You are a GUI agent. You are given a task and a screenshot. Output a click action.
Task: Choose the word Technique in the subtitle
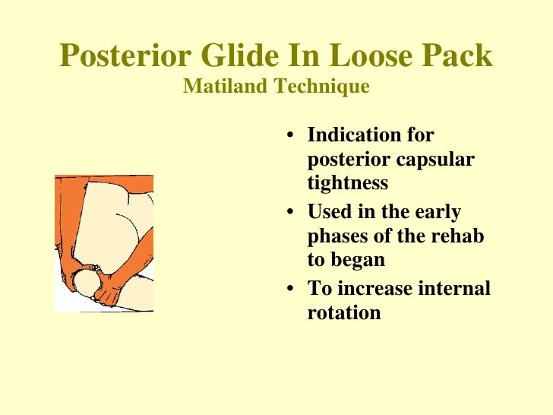(322, 87)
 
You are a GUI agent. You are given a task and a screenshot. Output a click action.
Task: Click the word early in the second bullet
(436, 211)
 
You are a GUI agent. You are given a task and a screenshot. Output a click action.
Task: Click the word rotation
(343, 312)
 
